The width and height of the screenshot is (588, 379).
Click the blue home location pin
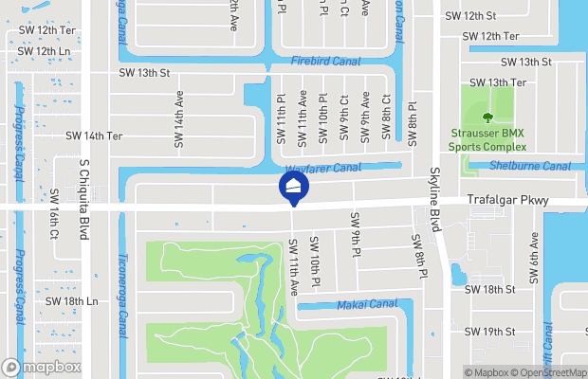(x=293, y=187)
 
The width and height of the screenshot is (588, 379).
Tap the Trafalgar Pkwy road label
(x=507, y=201)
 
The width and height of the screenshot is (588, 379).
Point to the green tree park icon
(x=487, y=117)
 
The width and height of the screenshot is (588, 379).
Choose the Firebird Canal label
(x=326, y=60)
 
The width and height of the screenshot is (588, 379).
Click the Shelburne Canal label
(x=530, y=166)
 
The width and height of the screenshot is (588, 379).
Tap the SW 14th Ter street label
(x=94, y=135)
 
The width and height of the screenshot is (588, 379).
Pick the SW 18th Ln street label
(x=71, y=301)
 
